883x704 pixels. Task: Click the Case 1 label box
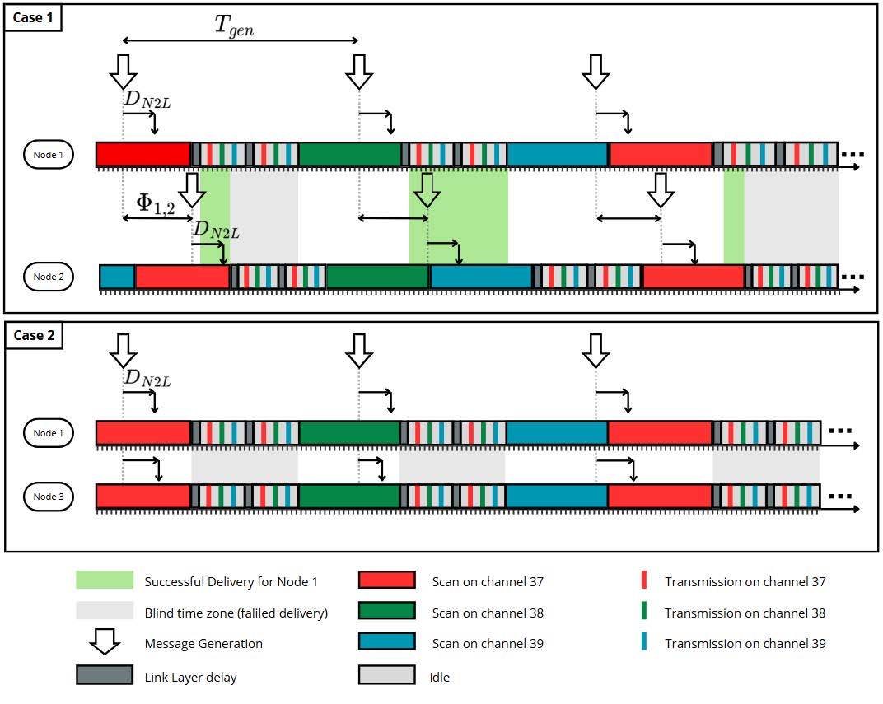pyautogui.click(x=33, y=18)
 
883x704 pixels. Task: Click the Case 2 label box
pyautogui.click(x=34, y=336)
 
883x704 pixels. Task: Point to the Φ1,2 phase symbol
pyautogui.click(x=155, y=202)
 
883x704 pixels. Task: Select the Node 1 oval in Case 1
pyautogui.click(x=48, y=155)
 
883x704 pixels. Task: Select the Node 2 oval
pyautogui.click(x=49, y=277)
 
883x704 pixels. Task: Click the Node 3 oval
pyautogui.click(x=48, y=497)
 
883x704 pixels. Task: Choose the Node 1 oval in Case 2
pyautogui.click(x=48, y=433)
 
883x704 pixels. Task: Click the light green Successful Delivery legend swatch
pyautogui.click(x=105, y=581)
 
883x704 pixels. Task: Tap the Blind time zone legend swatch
pyautogui.click(x=105, y=612)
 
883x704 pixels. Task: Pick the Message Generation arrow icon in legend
pyautogui.click(x=105, y=643)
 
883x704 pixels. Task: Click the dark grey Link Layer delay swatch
pyautogui.click(x=105, y=676)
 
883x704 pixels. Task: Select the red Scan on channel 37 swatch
pyautogui.click(x=386, y=581)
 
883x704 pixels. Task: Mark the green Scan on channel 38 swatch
pyautogui.click(x=386, y=612)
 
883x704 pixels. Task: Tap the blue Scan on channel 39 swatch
pyautogui.click(x=386, y=643)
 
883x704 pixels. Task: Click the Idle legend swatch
pyautogui.click(x=386, y=676)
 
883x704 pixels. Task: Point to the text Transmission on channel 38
pyautogui.click(x=745, y=613)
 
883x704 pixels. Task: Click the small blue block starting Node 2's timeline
pyautogui.click(x=117, y=277)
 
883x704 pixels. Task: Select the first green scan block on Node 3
pyautogui.click(x=348, y=497)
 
